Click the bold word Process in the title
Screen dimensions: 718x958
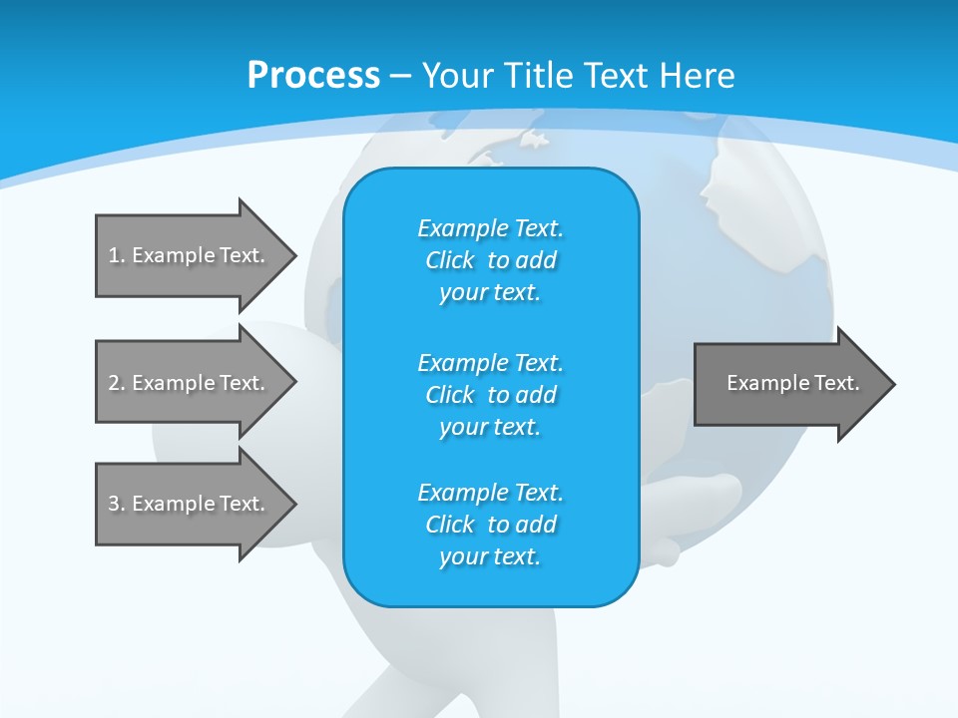[x=313, y=76]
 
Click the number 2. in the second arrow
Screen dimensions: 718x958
[x=116, y=383]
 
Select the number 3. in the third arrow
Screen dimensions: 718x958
[x=116, y=504]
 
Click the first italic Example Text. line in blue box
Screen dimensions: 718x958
[x=490, y=228]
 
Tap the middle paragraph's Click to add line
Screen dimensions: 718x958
[x=490, y=395]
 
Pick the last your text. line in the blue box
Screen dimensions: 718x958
[x=490, y=556]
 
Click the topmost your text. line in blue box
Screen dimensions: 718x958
[x=490, y=292]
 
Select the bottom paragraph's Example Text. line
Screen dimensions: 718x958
[x=490, y=493]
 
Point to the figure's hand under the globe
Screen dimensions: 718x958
[x=699, y=494]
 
